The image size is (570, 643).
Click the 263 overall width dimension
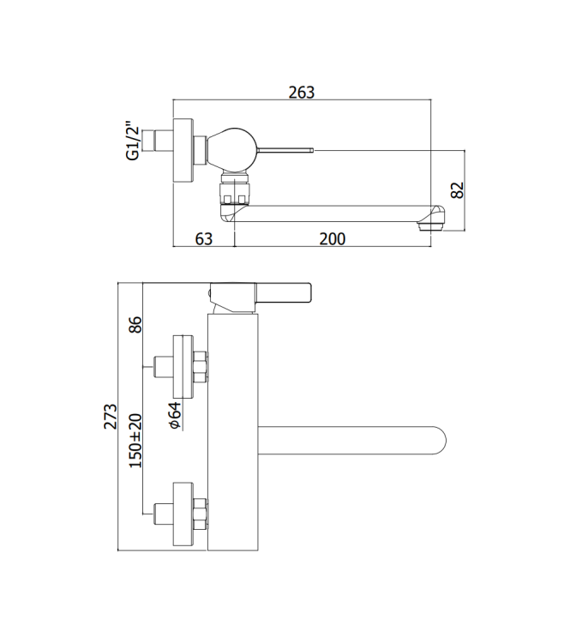click(x=302, y=93)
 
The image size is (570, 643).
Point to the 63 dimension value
click(x=203, y=239)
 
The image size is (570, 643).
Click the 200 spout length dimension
click(x=333, y=239)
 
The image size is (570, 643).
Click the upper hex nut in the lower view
click(x=200, y=366)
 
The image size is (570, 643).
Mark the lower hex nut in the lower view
click(x=200, y=512)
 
